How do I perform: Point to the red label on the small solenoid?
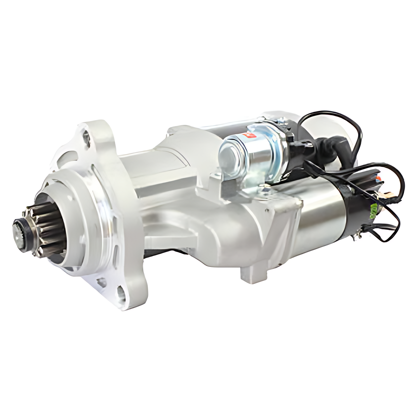coord(251,135)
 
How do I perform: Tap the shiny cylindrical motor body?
coord(322,220)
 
